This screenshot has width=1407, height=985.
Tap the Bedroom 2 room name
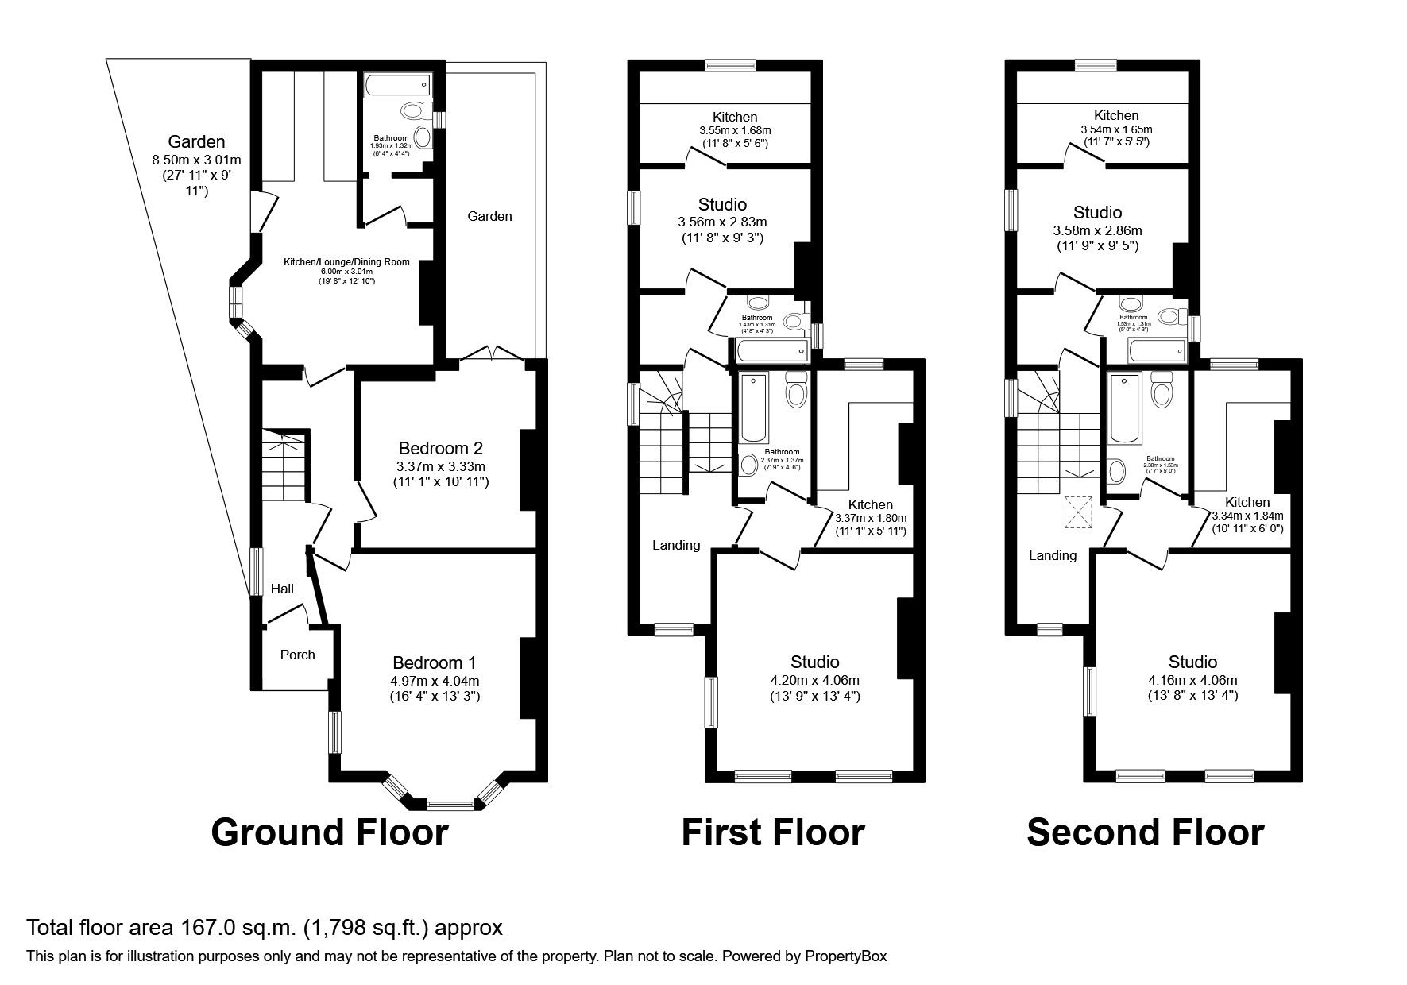[x=441, y=447]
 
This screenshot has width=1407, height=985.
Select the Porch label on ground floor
[x=298, y=655]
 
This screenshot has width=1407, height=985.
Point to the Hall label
[x=282, y=589]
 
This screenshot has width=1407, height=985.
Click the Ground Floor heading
[x=330, y=832]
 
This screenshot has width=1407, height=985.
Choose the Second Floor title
[x=1145, y=832]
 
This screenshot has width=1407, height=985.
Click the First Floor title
[x=772, y=832]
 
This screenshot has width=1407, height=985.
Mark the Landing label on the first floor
[x=676, y=545]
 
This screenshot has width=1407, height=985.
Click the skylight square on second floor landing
[x=1078, y=512]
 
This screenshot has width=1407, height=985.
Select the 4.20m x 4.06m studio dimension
[x=815, y=680]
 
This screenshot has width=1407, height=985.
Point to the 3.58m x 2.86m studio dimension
[x=1097, y=230]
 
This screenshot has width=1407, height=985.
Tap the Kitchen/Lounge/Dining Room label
[x=347, y=262]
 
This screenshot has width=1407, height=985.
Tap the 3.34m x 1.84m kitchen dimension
[x=1247, y=516]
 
